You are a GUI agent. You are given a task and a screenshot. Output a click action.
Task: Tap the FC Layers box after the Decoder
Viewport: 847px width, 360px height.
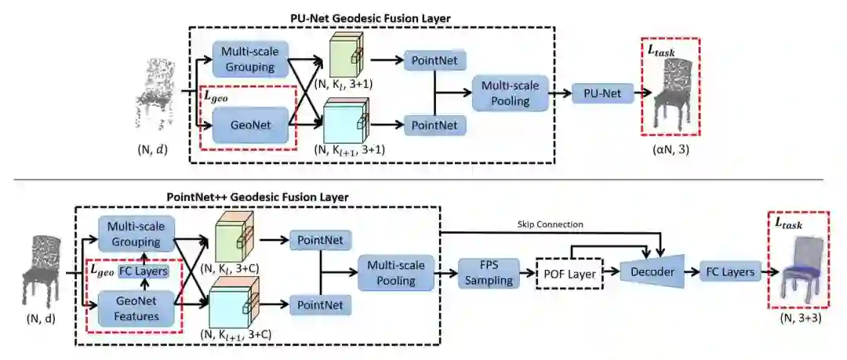728,273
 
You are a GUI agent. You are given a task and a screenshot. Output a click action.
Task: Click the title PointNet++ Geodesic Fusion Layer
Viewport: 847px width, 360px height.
258,197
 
